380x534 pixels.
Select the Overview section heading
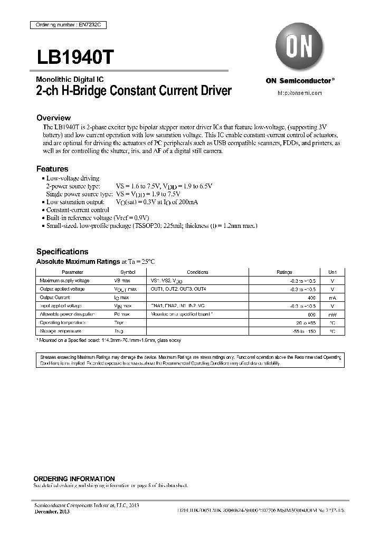click(53, 118)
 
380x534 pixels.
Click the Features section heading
click(52, 169)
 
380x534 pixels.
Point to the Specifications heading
click(62, 252)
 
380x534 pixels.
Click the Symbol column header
click(125, 272)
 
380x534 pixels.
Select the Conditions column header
click(197, 272)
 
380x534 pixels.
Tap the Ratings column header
click(284, 272)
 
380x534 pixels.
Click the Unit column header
click(332, 272)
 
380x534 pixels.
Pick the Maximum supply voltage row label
click(64, 281)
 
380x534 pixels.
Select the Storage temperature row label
click(60, 331)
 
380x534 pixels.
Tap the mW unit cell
click(332, 314)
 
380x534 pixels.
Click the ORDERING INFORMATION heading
click(74, 479)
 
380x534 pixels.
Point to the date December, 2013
click(52, 512)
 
